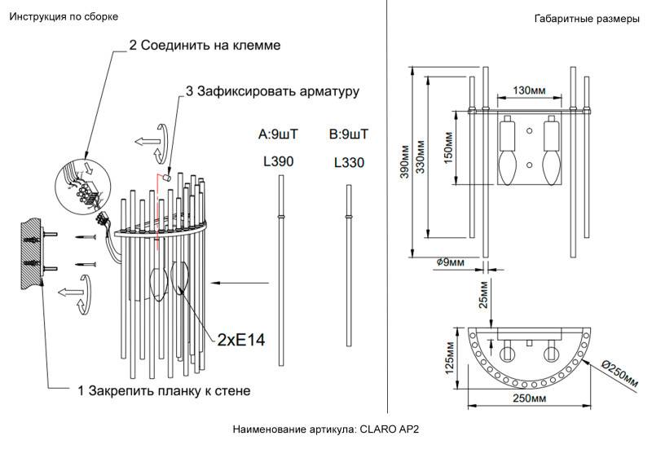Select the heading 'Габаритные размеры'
(587, 19)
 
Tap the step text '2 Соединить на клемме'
(205, 46)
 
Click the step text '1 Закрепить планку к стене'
(164, 390)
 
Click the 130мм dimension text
(530, 90)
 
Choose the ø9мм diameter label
(450, 262)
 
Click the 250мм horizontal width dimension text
(530, 398)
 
